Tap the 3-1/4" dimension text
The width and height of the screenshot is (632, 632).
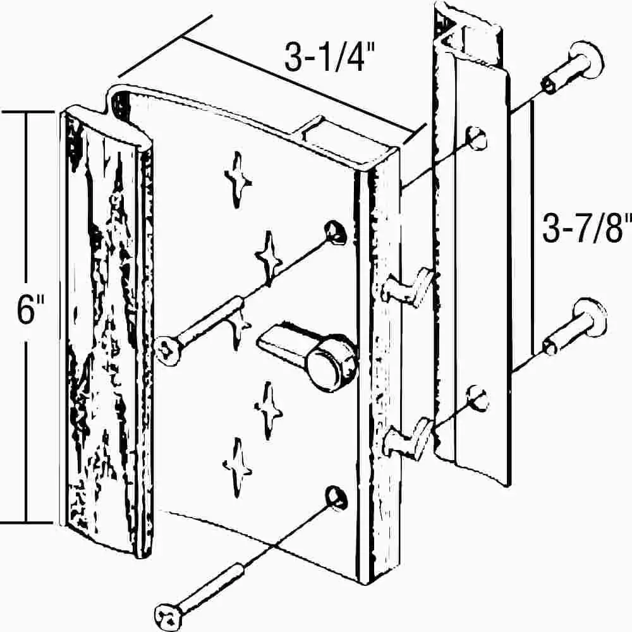tap(330, 57)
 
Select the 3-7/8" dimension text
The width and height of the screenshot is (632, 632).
tap(586, 229)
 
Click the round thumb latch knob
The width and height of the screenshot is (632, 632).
tap(333, 363)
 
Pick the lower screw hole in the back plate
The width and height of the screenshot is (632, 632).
tap(337, 497)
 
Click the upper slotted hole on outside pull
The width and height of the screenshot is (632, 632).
tap(476, 138)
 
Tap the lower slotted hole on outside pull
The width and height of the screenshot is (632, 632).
tap(478, 398)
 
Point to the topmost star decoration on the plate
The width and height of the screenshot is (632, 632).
tap(238, 179)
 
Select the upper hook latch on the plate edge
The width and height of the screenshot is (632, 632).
tap(407, 286)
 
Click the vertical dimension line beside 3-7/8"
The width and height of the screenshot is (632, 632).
tap(533, 228)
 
